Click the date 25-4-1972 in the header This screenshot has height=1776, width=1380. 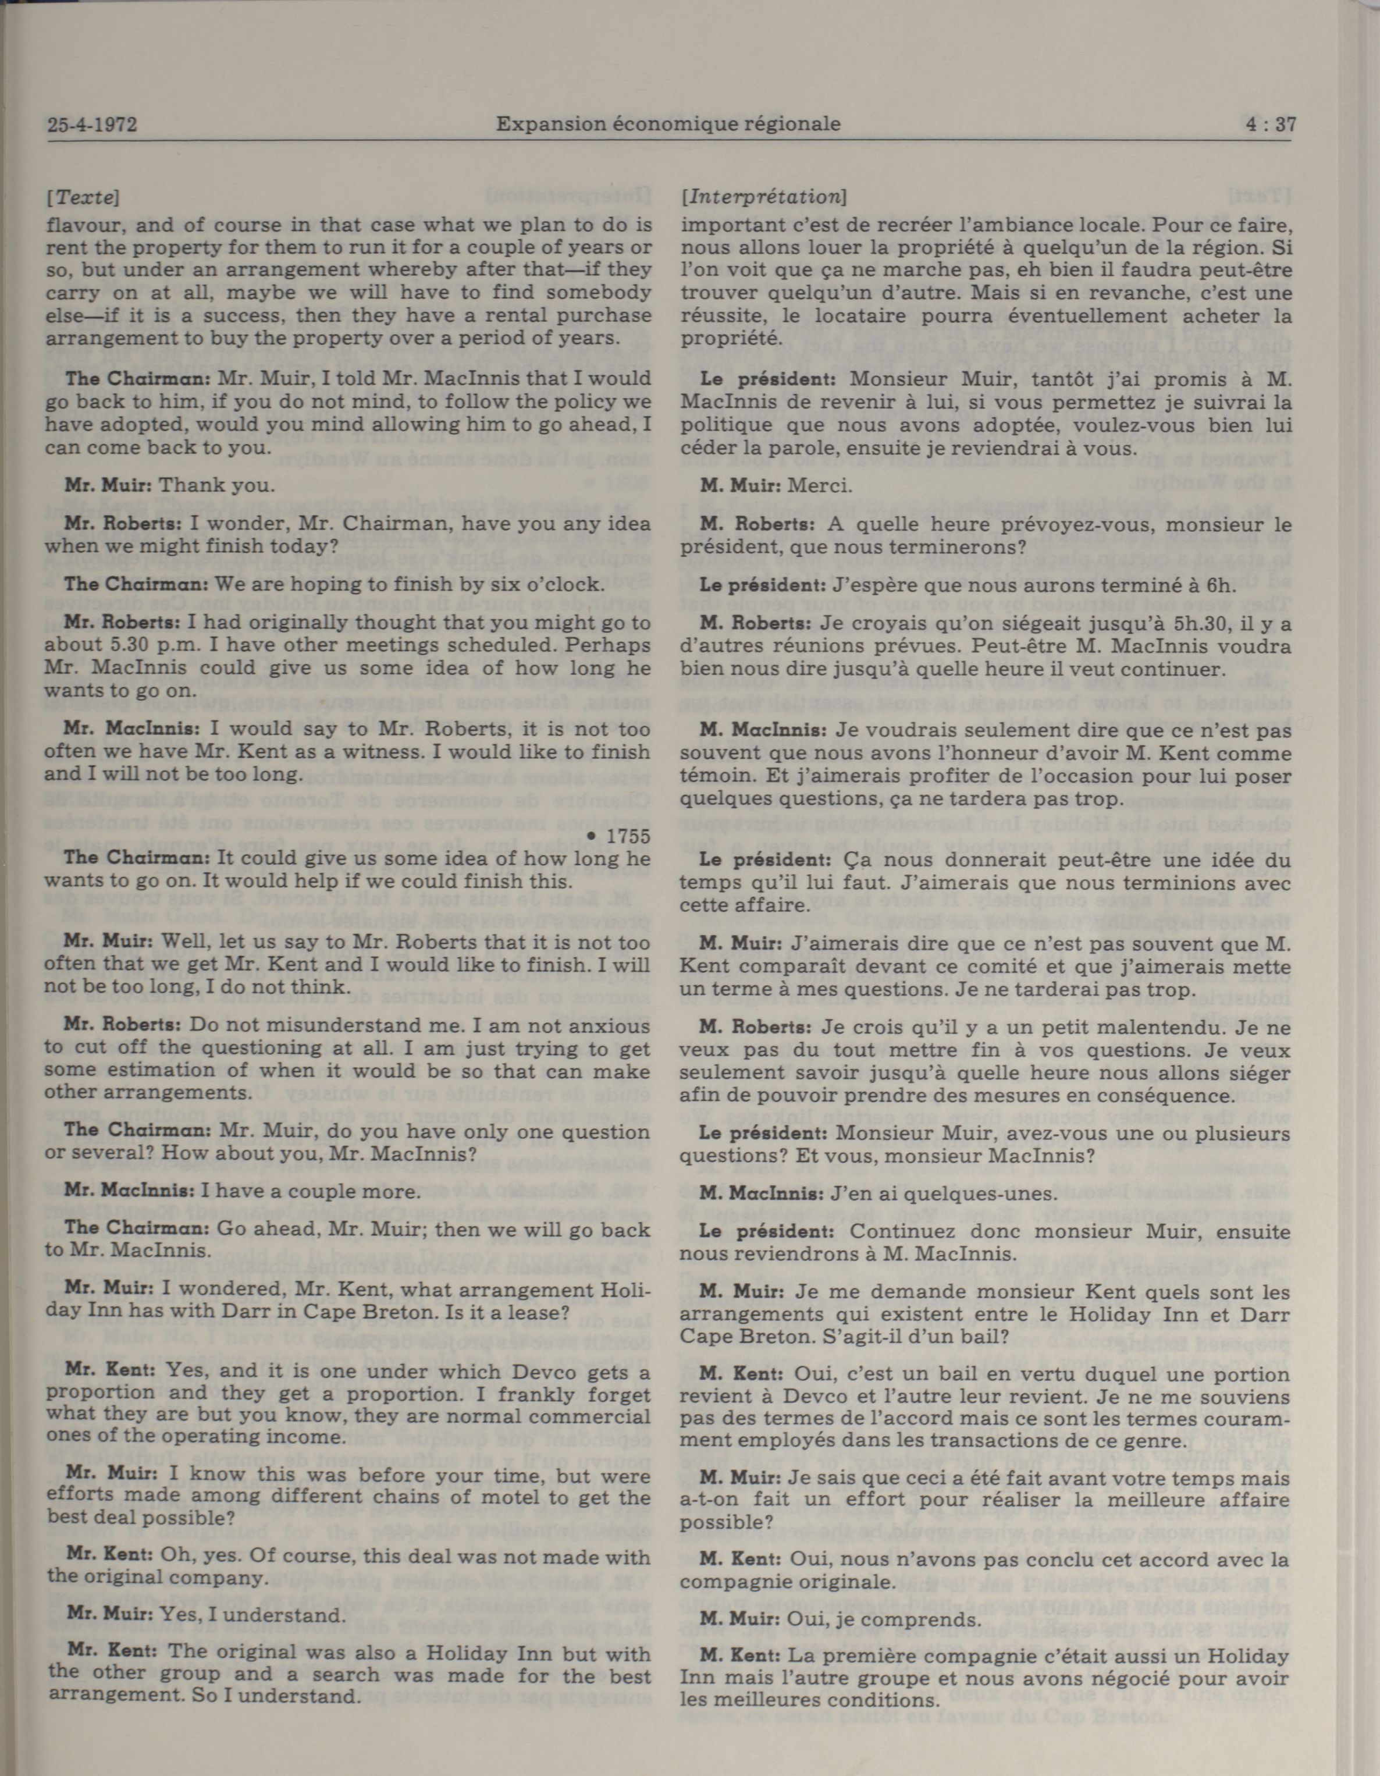coord(92,125)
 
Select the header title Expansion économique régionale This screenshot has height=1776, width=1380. coord(668,125)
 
